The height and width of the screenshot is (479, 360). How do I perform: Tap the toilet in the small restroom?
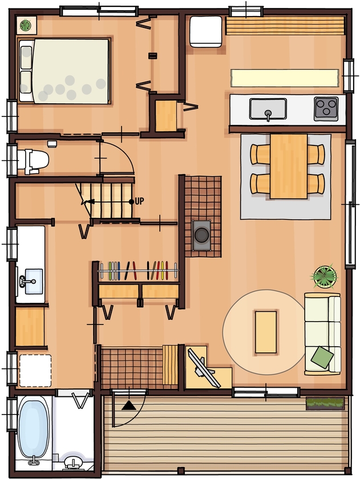32,161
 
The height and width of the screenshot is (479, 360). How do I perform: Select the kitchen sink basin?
268,108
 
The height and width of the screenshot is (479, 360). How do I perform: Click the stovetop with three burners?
326,108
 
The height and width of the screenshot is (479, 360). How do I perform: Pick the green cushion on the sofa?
322,358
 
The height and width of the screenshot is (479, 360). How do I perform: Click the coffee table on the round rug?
265,331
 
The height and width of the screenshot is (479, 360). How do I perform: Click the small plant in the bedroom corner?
26,25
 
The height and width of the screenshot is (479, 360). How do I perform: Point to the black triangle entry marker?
130,405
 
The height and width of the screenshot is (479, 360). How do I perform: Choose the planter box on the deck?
325,404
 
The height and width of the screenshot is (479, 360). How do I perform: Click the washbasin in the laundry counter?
30,280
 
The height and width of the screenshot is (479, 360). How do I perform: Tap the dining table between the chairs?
288,166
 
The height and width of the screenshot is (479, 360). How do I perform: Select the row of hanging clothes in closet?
137,270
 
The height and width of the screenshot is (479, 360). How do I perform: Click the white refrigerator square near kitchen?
205,31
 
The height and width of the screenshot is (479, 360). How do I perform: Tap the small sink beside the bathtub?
72,461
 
